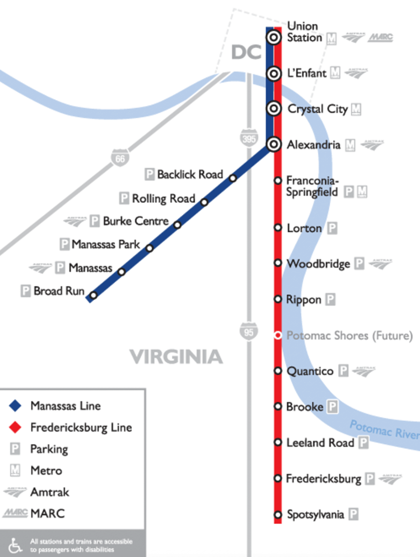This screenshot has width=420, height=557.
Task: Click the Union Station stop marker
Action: [274, 37]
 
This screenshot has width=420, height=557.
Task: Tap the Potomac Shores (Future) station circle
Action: [278, 335]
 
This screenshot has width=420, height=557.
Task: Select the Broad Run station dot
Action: [93, 295]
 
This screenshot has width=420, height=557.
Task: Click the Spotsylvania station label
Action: [315, 514]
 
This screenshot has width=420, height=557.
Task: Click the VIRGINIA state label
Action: [176, 357]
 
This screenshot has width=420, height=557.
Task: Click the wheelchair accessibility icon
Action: [16, 545]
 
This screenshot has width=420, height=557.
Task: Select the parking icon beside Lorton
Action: [332, 229]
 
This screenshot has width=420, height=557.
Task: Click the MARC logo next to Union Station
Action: [380, 38]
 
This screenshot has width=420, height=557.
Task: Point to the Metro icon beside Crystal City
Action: [356, 109]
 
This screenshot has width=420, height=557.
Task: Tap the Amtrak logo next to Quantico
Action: [363, 371]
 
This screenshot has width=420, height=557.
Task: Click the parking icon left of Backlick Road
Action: [150, 175]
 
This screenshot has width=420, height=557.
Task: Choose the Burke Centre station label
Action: [136, 221]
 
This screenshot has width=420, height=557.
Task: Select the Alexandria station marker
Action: [274, 145]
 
